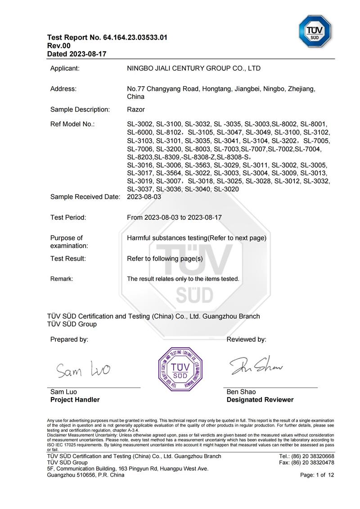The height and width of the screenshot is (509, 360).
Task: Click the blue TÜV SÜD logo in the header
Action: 315,31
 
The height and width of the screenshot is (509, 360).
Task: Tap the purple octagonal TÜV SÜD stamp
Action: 180,369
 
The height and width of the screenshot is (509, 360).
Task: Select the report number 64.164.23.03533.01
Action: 135,37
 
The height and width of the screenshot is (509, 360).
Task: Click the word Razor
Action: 136,109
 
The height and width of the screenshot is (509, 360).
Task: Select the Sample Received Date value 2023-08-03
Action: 144,196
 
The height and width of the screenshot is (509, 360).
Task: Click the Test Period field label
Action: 68,217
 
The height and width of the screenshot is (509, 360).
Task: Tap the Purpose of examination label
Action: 69,242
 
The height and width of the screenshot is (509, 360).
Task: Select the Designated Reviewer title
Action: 260,400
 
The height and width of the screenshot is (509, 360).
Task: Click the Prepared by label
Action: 69,339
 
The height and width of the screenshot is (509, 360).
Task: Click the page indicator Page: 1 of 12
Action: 317,475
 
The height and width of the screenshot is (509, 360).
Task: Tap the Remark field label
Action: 62,279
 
